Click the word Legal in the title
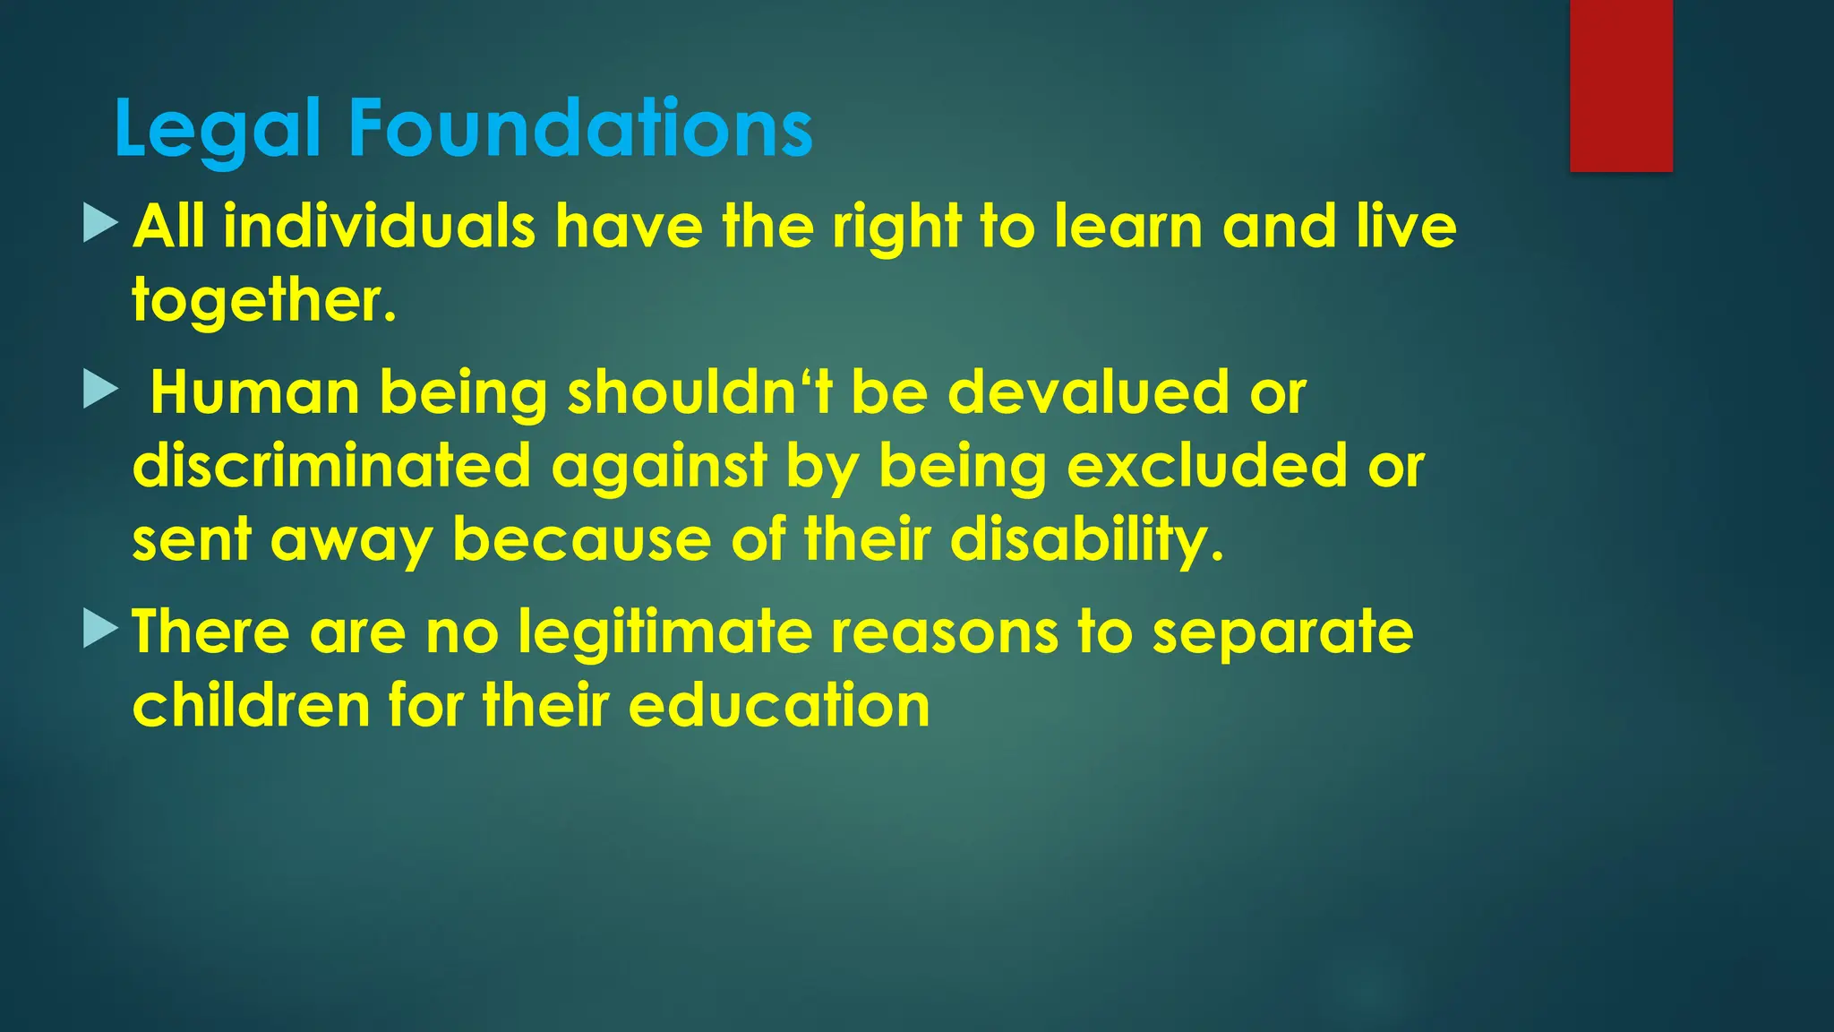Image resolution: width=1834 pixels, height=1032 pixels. pos(217,130)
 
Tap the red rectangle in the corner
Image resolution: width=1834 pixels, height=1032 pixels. pos(1620,85)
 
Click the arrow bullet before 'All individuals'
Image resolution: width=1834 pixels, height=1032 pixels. pos(99,222)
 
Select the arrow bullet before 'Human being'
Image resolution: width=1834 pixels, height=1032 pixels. pos(99,390)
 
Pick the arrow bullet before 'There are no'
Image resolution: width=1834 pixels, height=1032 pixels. pos(99,628)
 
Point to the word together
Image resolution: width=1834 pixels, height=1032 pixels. pos(263,299)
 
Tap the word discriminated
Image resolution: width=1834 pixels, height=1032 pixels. pos(331,466)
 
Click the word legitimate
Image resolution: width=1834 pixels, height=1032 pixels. pos(664,632)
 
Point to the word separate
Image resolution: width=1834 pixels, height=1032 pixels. pos(1282,632)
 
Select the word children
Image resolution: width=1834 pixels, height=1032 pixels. pos(251,705)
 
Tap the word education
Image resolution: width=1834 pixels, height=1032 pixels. pos(779,705)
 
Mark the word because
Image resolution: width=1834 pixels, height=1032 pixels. pos(581,540)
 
